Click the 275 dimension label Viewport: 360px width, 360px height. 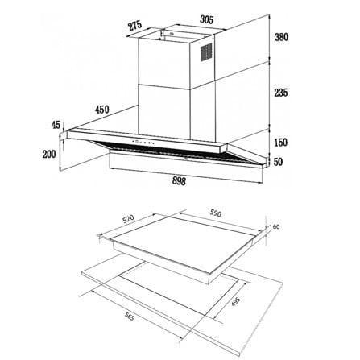(x=134, y=27)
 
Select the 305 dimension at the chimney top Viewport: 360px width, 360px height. (x=207, y=19)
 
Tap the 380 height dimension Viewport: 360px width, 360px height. (x=281, y=37)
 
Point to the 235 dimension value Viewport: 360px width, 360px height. (x=281, y=93)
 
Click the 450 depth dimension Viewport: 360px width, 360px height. (x=102, y=110)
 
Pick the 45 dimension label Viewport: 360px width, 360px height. (x=56, y=125)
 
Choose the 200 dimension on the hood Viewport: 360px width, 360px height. (x=49, y=154)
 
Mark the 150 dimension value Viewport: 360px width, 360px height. (x=281, y=143)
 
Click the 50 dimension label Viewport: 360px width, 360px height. (x=278, y=162)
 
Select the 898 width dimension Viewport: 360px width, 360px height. (x=179, y=181)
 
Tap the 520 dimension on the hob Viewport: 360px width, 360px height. (x=128, y=219)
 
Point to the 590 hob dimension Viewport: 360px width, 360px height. (x=216, y=213)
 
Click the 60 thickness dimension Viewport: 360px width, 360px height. (x=276, y=227)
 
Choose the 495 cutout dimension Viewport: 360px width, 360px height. (x=235, y=301)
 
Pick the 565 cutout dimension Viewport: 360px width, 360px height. (x=129, y=317)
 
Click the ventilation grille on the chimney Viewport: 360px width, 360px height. (x=206, y=52)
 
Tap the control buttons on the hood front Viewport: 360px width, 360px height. (x=143, y=143)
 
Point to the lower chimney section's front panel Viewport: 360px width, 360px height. (x=164, y=110)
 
